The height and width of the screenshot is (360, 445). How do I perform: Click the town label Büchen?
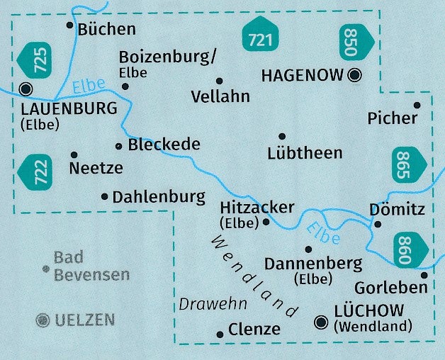tap(106, 29)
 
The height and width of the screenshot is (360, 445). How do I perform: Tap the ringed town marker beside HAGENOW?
tap(355, 74)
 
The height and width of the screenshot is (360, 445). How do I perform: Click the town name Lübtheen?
tap(305, 152)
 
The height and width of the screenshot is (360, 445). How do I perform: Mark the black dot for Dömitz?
tap(378, 224)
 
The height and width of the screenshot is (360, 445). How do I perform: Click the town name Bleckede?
tap(164, 145)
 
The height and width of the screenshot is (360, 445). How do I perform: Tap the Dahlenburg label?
tap(159, 197)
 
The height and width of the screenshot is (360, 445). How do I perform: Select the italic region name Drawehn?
tap(213, 304)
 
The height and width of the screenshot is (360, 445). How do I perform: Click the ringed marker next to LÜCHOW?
tap(322, 323)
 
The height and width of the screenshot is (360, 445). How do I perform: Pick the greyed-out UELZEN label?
tap(84, 320)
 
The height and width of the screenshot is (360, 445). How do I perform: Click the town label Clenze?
tap(254, 330)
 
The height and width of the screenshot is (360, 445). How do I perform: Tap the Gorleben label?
tap(391, 287)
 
